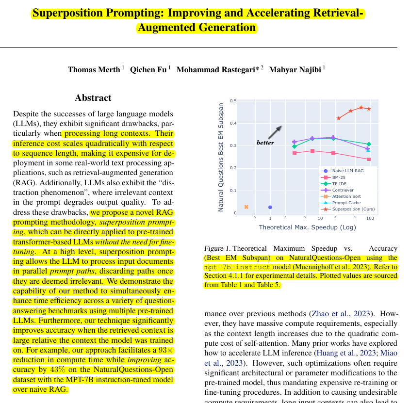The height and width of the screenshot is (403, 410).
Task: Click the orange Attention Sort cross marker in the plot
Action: [246, 207]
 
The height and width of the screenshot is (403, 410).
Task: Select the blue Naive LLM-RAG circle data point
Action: [270, 207]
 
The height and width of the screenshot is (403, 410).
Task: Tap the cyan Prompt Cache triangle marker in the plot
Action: [368, 150]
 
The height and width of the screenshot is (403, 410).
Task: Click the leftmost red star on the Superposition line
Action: [339, 118]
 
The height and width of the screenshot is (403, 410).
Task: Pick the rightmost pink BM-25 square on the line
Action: [369, 159]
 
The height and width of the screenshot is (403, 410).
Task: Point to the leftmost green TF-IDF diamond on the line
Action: [294, 146]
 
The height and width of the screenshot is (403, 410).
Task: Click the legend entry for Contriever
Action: [343, 190]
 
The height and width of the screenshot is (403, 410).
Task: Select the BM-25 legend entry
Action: [339, 177]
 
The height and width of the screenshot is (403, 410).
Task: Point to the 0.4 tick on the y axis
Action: [233, 123]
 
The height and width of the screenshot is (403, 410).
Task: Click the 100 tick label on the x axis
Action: [370, 218]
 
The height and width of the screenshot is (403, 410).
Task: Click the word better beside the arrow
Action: [265, 143]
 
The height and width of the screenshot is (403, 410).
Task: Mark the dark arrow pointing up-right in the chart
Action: [275, 132]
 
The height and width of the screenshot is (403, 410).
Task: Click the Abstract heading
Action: [93, 98]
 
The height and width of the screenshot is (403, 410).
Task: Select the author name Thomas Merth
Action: [94, 69]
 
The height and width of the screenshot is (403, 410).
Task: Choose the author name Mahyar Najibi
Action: [295, 69]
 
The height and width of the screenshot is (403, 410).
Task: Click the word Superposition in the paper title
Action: [64, 13]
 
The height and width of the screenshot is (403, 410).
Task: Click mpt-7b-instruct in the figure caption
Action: [238, 267]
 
